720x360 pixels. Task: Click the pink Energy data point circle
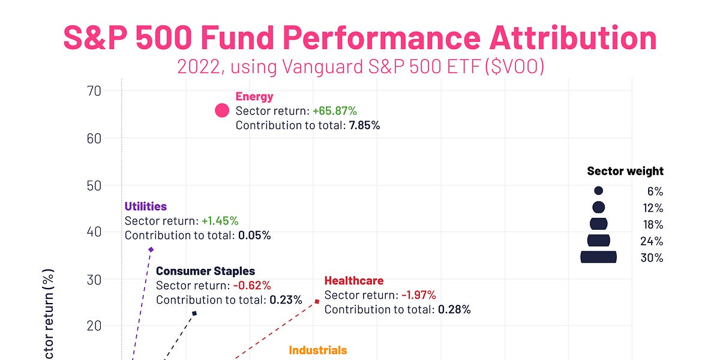tap(222, 110)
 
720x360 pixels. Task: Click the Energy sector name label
tap(254, 97)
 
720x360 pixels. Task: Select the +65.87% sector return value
tap(334, 111)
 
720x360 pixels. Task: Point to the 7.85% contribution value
tap(364, 125)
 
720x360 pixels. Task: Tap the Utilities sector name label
tap(145, 206)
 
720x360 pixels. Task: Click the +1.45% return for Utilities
tap(220, 221)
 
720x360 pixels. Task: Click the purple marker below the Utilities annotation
tap(151, 250)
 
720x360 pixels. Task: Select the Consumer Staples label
tap(205, 271)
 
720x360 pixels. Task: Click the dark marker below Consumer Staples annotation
tap(194, 313)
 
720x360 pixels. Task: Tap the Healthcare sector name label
tap(353, 281)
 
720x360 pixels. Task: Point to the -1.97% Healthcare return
tap(419, 295)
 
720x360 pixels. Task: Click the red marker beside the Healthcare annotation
tap(317, 301)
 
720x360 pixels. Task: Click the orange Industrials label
tap(317, 350)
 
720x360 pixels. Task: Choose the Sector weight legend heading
tap(625, 172)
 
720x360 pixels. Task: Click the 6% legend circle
tap(598, 191)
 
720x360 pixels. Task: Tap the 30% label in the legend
tap(652, 258)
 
